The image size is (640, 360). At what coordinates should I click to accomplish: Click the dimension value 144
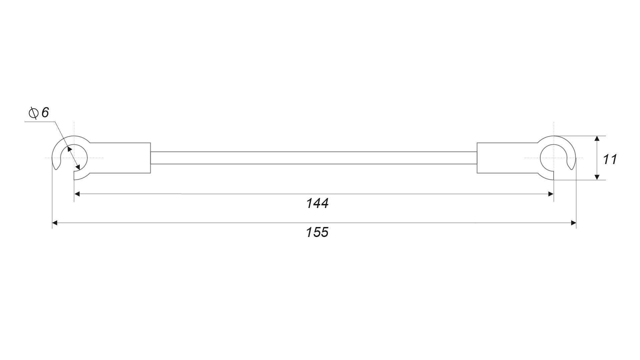click(317, 203)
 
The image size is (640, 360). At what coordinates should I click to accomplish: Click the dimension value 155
click(317, 232)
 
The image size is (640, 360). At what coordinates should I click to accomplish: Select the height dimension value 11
click(610, 159)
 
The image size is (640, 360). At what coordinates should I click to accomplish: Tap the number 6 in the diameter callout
click(45, 113)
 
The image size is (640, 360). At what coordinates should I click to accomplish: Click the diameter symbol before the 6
click(33, 113)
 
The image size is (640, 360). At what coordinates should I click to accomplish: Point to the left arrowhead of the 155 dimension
click(55, 223)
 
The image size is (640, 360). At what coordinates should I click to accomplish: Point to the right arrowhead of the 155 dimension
click(573, 223)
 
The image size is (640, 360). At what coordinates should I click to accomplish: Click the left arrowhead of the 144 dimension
click(77, 194)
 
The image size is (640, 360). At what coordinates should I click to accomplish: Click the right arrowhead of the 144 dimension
click(551, 194)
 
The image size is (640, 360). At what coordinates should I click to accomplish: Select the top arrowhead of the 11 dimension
click(597, 139)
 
